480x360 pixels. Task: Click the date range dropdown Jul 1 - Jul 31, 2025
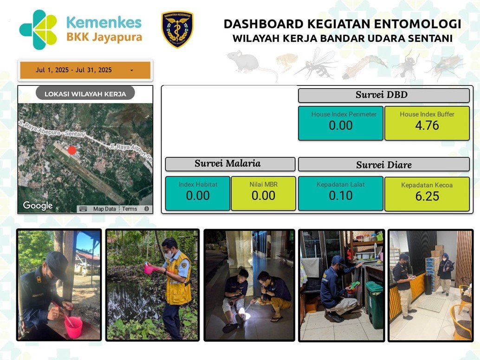click(85, 70)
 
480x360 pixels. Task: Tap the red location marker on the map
click(71, 150)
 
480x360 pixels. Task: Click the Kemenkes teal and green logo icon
click(38, 30)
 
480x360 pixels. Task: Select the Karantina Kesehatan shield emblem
click(177, 29)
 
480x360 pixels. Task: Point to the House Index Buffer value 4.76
click(427, 125)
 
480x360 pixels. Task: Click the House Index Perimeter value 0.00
click(341, 125)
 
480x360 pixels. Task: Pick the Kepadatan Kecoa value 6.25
click(427, 196)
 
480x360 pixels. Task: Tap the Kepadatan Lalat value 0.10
click(341, 195)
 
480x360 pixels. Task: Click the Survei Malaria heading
click(228, 163)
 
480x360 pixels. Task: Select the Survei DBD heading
click(382, 95)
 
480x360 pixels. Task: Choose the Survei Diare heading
click(384, 165)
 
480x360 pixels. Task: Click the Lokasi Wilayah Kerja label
click(85, 94)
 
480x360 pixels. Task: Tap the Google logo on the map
click(38, 206)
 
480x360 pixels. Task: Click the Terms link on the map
click(130, 209)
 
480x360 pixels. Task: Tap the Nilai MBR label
click(263, 185)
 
